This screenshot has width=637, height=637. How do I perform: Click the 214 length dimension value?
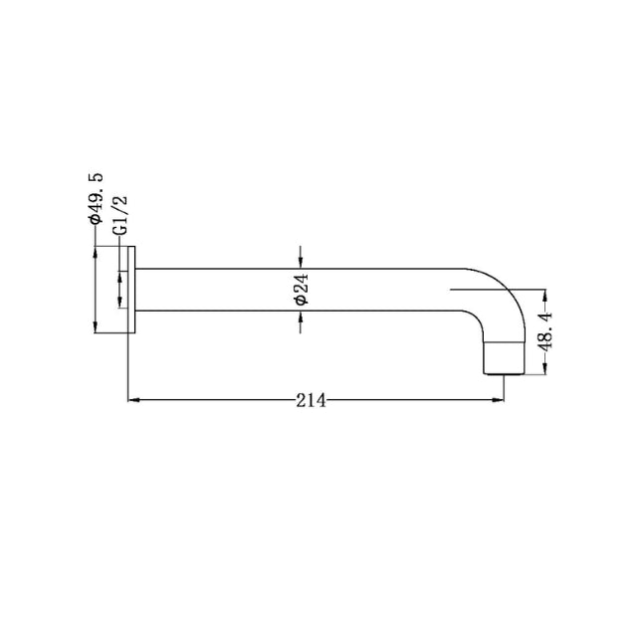coord(312,400)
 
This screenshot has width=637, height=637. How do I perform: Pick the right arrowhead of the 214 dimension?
coord(496,401)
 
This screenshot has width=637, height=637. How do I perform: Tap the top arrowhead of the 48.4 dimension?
coord(545,296)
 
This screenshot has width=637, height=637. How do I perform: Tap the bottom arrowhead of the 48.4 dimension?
coord(545,371)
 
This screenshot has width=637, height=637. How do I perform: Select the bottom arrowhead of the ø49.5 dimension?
coord(95,329)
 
